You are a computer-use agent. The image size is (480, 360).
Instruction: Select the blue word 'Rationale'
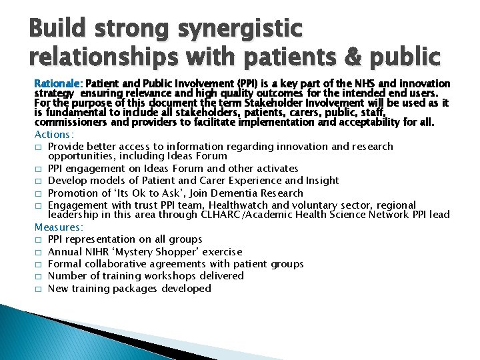pyautogui.click(x=57, y=84)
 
